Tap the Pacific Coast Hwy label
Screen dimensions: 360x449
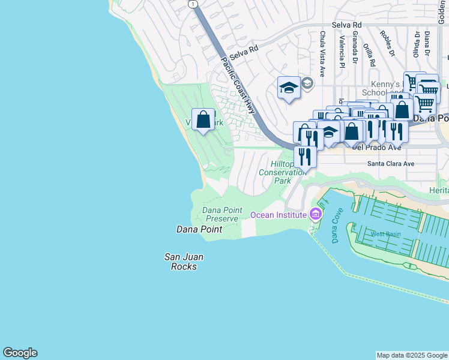click(238, 86)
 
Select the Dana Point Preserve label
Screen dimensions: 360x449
click(222, 214)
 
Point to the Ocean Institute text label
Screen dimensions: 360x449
click(278, 215)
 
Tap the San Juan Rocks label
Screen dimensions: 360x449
click(184, 262)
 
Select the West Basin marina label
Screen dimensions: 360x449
click(385, 233)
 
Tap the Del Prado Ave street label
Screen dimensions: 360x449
click(376, 146)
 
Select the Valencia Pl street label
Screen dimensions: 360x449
click(342, 50)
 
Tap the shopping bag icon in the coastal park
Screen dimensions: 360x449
click(203, 119)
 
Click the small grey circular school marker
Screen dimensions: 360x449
click(307, 83)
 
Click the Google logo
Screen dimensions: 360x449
click(20, 353)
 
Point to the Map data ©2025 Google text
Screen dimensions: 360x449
click(412, 355)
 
